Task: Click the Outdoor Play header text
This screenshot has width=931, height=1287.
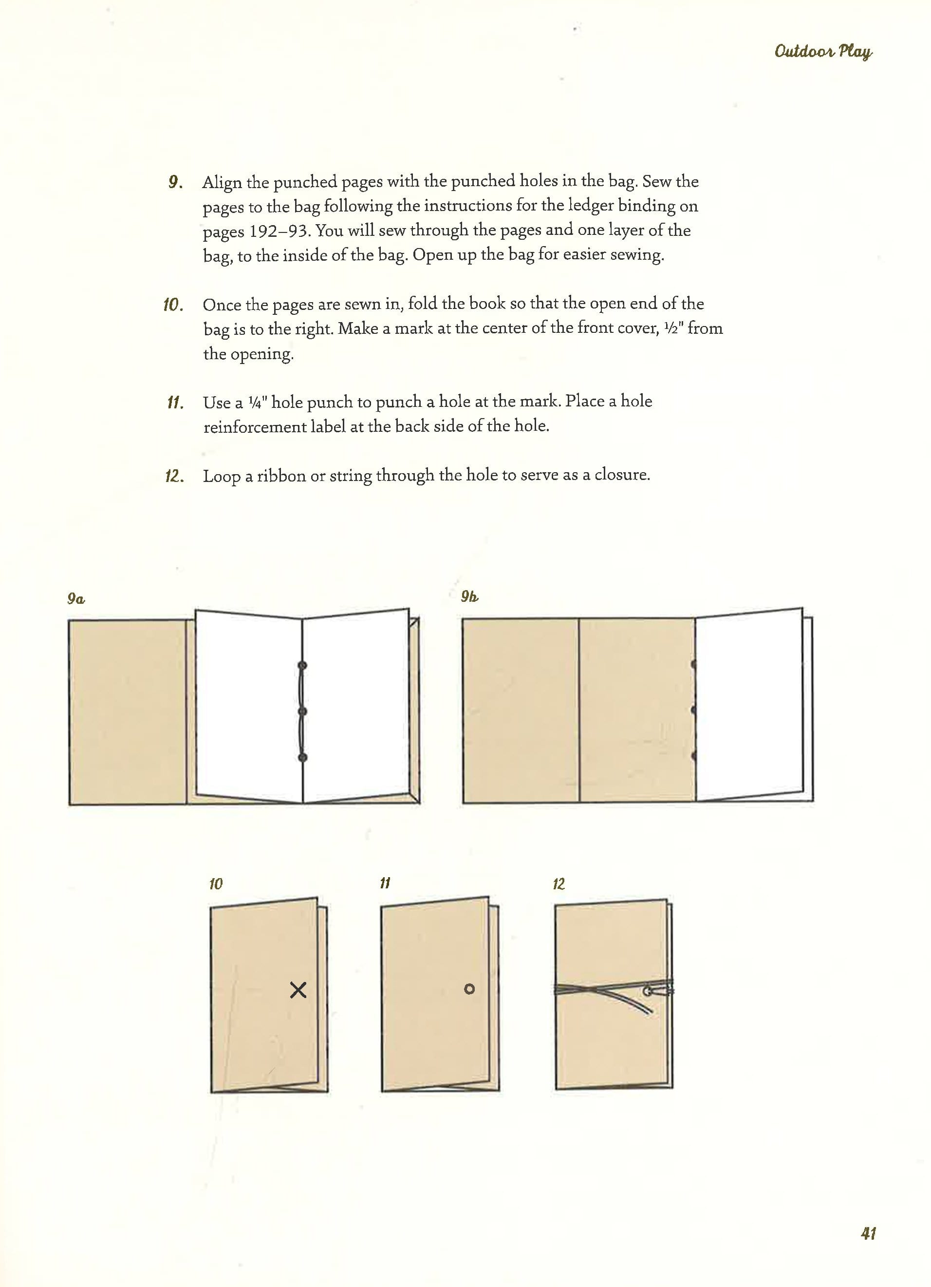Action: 823,52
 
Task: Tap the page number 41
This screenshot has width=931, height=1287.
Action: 868,1232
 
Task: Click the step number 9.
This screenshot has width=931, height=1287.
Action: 175,182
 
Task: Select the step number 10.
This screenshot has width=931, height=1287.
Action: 173,305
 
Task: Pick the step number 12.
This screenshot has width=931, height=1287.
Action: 174,476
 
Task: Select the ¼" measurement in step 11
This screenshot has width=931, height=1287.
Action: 256,403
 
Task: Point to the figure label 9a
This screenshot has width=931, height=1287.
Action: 76,599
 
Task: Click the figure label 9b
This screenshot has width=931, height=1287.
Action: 469,596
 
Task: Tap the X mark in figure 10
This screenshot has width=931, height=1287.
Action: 298,990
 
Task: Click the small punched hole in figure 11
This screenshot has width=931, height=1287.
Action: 469,989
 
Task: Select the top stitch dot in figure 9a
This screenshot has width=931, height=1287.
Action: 302,665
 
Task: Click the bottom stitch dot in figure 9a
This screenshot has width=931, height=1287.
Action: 302,758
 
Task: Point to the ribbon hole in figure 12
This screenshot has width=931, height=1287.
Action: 648,991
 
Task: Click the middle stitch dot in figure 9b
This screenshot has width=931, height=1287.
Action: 694,710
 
